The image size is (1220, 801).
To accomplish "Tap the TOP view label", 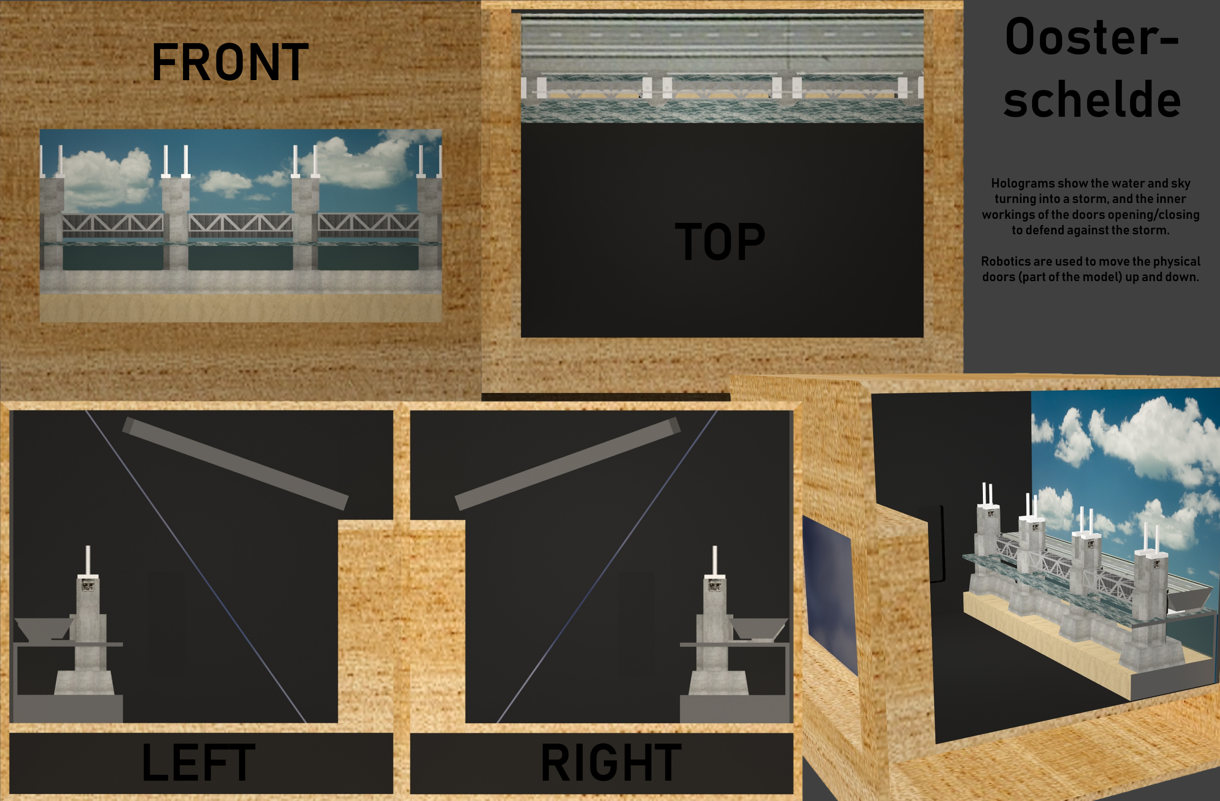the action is tap(720, 242).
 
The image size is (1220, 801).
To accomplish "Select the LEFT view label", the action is tap(198, 762).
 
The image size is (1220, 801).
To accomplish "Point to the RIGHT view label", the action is tap(611, 762).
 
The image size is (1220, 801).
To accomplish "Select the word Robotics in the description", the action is tap(1005, 261).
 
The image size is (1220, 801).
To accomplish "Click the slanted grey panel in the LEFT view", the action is tap(235, 464).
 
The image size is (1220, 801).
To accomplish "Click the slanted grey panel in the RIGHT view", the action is tap(567, 464).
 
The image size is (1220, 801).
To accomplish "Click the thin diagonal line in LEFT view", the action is tap(195, 566).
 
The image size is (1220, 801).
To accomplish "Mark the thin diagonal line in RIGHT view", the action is tap(607, 566).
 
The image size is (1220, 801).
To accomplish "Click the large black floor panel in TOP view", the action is tap(722, 230).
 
